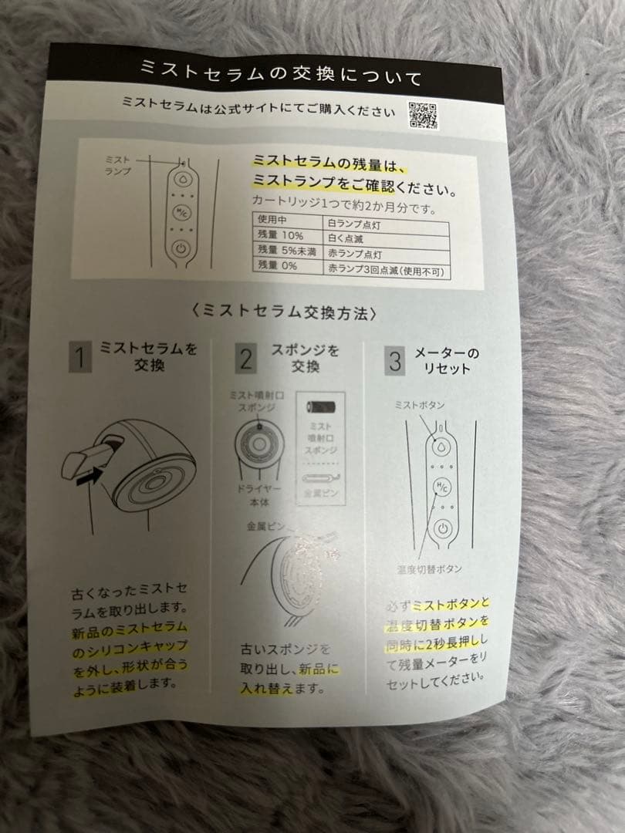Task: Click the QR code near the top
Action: pyautogui.click(x=423, y=116)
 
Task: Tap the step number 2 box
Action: pyautogui.click(x=246, y=359)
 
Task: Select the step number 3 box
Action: pyautogui.click(x=395, y=360)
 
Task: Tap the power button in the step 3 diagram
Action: pyautogui.click(x=440, y=529)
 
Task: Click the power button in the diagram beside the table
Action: pyautogui.click(x=180, y=248)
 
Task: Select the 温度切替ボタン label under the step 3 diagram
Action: pyautogui.click(x=431, y=568)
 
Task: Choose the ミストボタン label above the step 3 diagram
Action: pyautogui.click(x=420, y=404)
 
